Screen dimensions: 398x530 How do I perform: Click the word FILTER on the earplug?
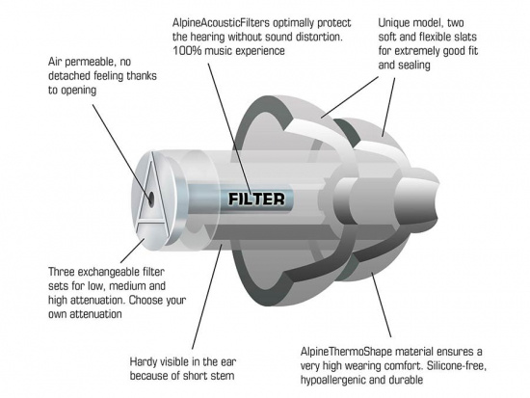pos(255,199)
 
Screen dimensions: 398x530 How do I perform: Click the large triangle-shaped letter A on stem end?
pos(146,199)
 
